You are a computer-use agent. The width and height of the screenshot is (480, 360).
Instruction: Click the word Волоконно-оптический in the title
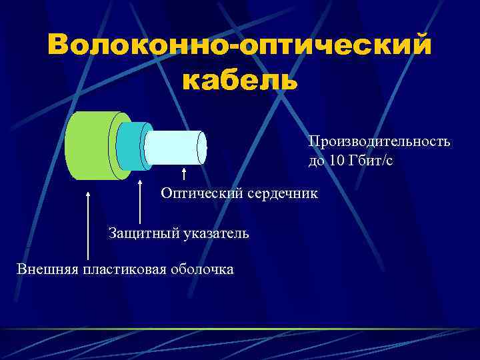click(x=239, y=46)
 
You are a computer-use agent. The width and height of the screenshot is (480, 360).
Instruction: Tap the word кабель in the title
click(x=239, y=80)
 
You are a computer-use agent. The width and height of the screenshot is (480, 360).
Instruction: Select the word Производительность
click(x=379, y=141)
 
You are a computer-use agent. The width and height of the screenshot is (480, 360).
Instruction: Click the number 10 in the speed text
click(x=333, y=160)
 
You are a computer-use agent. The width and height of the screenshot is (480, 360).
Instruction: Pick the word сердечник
click(x=283, y=193)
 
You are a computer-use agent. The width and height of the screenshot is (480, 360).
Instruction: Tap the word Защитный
click(x=138, y=233)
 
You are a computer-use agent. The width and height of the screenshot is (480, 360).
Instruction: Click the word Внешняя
click(x=46, y=269)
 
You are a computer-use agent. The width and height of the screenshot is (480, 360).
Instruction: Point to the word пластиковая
click(x=123, y=269)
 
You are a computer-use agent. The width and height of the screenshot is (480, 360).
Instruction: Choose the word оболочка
click(x=202, y=269)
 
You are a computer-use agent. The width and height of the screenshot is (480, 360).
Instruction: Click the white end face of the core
click(x=202, y=147)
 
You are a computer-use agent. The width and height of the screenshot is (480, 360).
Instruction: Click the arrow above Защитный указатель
click(x=139, y=200)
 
